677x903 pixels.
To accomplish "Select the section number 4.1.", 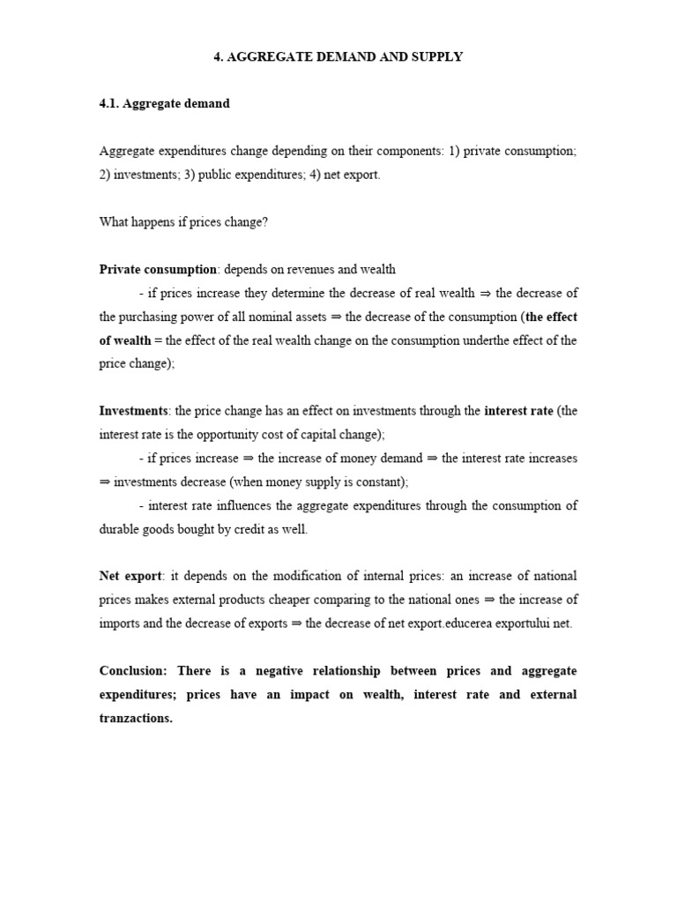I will tap(109, 103).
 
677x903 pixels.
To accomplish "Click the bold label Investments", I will tap(133, 411).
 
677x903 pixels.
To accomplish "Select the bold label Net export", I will tap(130, 577).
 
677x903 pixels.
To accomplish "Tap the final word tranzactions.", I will tap(135, 719).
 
